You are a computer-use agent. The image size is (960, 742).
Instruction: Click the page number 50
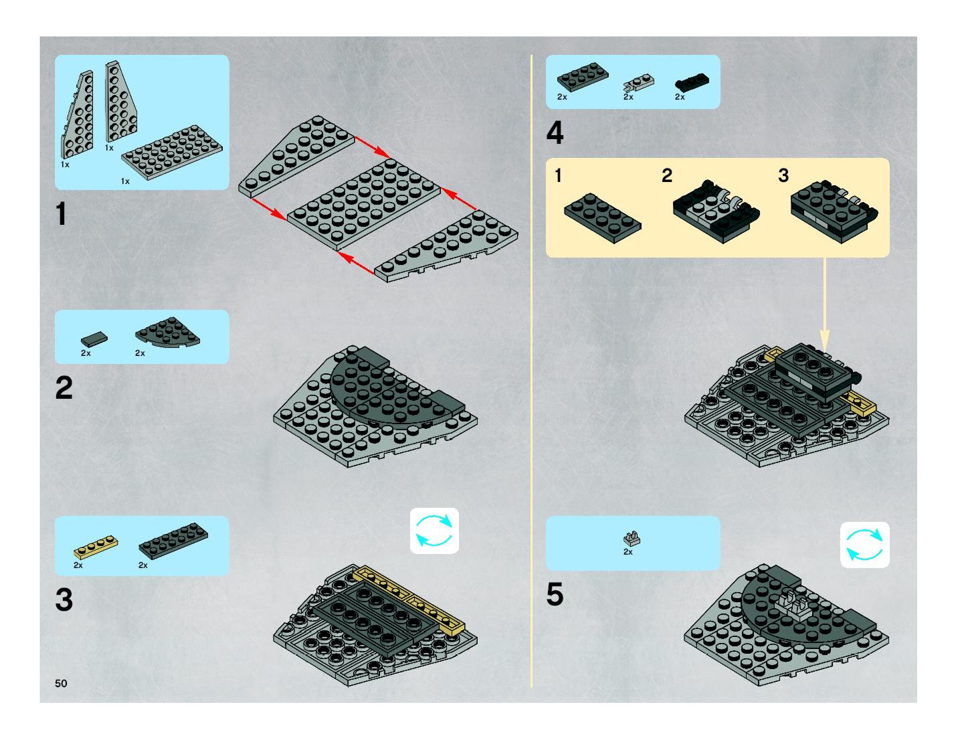pos(61,683)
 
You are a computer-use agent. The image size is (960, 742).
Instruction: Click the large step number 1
pos(62,214)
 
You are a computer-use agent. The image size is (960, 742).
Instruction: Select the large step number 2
pos(64,388)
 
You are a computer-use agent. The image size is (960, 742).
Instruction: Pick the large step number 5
pos(555,594)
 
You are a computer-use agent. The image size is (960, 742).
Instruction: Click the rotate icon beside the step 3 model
pos(434,531)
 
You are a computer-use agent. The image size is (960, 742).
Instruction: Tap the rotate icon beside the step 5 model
pos(865,545)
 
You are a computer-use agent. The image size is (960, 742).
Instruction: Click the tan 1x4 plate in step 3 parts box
pos(96,546)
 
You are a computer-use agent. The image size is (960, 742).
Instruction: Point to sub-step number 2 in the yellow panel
pos(667,175)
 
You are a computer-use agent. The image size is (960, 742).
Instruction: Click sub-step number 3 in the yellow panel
pos(783,175)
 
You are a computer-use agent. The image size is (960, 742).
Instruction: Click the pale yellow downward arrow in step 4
pos(825,308)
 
